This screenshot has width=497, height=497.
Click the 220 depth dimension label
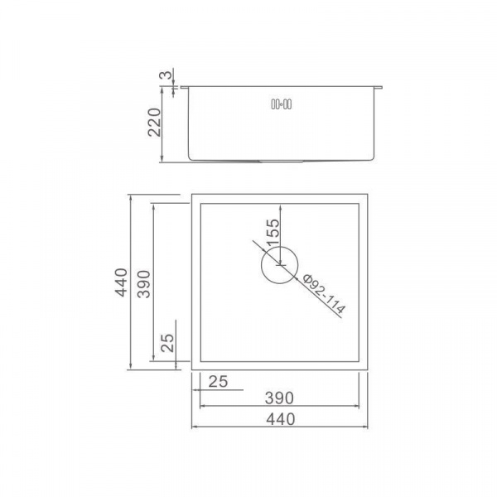(x=155, y=123)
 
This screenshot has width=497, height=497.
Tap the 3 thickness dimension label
(x=166, y=75)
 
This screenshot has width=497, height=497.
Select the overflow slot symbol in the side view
(x=281, y=104)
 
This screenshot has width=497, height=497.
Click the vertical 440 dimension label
(x=122, y=282)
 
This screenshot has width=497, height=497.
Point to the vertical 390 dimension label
(x=143, y=284)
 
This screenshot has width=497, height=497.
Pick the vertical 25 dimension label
(x=167, y=343)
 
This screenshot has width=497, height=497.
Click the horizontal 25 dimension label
(x=218, y=382)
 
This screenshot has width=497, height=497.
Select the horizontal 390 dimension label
(x=279, y=398)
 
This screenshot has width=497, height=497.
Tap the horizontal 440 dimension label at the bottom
(x=281, y=419)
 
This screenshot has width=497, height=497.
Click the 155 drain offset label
(x=273, y=233)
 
